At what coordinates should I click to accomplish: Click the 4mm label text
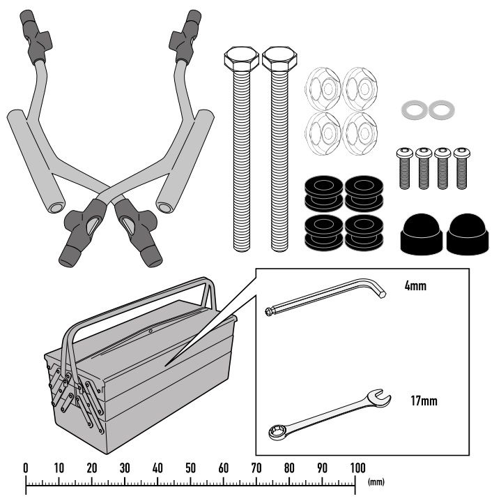coord(415,285)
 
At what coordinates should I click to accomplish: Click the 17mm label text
coord(424,401)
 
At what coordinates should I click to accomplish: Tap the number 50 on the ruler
coord(190,468)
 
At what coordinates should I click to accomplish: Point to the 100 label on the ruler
coord(357,468)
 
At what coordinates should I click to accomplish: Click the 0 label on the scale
coord(26,468)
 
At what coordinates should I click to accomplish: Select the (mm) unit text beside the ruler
coord(376,481)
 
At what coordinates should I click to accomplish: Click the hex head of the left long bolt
coord(242,59)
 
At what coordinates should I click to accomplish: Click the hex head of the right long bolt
coord(279,59)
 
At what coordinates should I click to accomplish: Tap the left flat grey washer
coord(415,110)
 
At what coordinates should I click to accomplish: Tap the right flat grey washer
coord(442,110)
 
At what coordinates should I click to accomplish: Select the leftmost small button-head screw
coord(405,168)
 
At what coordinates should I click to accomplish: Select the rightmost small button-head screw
coord(462,168)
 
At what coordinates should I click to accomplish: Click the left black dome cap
coord(421,234)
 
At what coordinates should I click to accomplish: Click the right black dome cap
coord(468,234)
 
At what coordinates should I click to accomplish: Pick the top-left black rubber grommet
coord(324,193)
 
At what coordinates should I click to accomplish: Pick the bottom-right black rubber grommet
coord(364,232)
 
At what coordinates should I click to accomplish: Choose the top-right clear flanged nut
coord(360,89)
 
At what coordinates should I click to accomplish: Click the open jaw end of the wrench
coord(379,398)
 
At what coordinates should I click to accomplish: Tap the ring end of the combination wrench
coord(277,431)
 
